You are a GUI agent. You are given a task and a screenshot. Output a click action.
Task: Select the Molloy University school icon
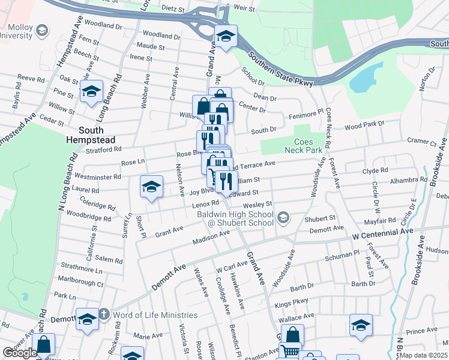pos(41,29)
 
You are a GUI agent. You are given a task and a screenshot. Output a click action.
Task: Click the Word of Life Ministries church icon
pos(103,314)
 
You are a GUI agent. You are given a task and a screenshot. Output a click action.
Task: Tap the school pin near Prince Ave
pos(361,326)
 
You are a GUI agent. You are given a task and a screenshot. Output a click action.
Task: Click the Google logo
pos(20,353)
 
